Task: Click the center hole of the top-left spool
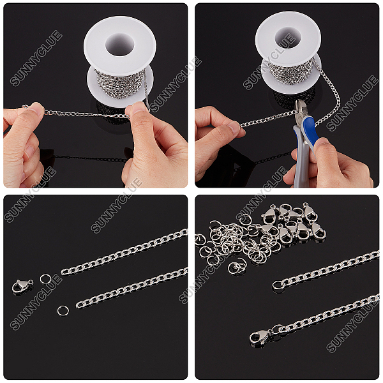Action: tap(120, 45)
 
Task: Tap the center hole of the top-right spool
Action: tap(288, 38)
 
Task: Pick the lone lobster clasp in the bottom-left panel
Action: tap(22, 286)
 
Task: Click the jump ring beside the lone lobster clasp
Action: tap(45, 279)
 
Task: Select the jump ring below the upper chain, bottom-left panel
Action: tap(63, 311)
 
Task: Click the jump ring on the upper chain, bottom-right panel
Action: tap(278, 285)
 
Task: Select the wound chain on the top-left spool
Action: tap(121, 83)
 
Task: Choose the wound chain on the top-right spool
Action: tap(290, 72)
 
